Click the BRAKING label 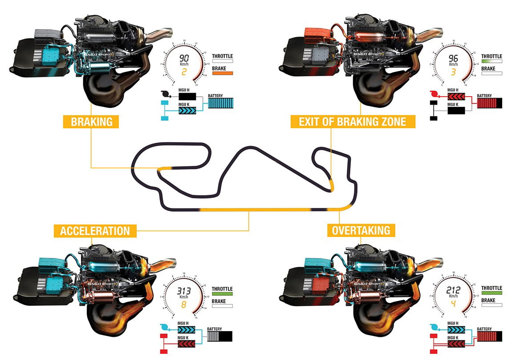(91, 122)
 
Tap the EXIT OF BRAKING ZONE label (353, 122)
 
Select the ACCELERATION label (95, 231)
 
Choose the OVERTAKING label (361, 230)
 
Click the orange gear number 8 (183, 305)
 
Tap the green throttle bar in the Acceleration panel (223, 294)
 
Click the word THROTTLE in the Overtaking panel (492, 288)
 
